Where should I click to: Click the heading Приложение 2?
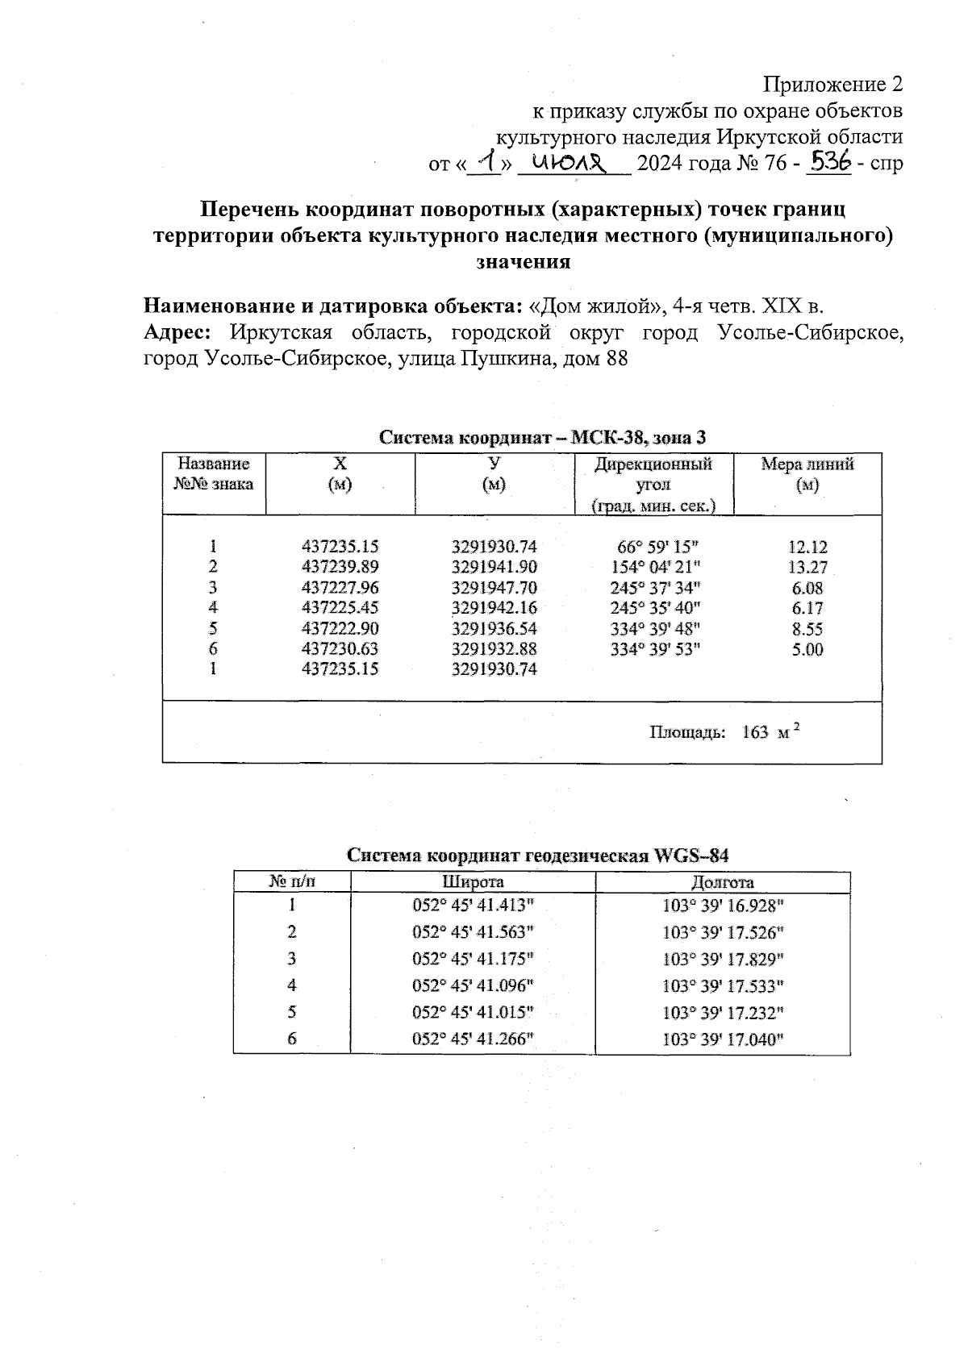832,84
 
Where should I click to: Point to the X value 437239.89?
340,567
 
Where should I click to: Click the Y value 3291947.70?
494,588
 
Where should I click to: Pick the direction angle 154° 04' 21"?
654,567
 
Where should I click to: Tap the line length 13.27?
807,568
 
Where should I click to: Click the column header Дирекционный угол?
653,475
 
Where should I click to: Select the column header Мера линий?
807,465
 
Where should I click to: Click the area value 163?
754,732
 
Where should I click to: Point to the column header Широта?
473,882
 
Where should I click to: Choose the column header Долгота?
722,882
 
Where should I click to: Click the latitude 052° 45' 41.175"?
473,959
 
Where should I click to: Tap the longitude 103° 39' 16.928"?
723,906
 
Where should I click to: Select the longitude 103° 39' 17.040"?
723,1039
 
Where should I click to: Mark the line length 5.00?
807,650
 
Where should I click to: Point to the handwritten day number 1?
484,161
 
